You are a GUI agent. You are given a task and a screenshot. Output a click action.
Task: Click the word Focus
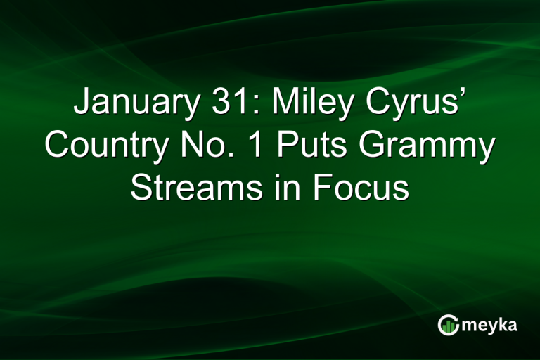359,188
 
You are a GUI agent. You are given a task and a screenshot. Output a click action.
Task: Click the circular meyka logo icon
448,325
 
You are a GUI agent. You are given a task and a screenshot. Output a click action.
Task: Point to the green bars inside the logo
449,326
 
